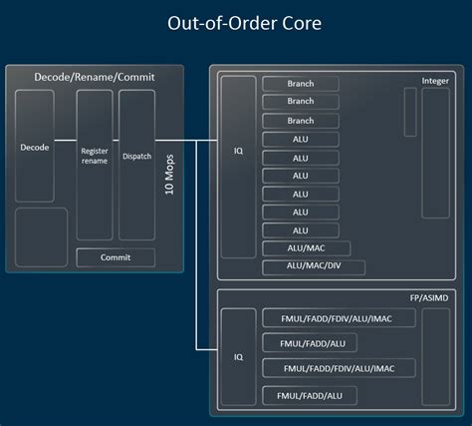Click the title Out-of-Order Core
pyautogui.click(x=236, y=22)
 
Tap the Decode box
pyautogui.click(x=34, y=147)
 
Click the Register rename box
pyautogui.click(x=95, y=157)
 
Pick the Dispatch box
pyautogui.click(x=136, y=157)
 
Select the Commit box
pyautogui.click(x=116, y=257)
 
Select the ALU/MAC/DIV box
pyautogui.click(x=314, y=267)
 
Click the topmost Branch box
pyautogui.click(x=300, y=84)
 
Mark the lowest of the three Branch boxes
pyautogui.click(x=300, y=121)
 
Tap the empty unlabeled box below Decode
pyautogui.click(x=41, y=236)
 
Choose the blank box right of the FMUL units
pyautogui.click(x=435, y=356)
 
